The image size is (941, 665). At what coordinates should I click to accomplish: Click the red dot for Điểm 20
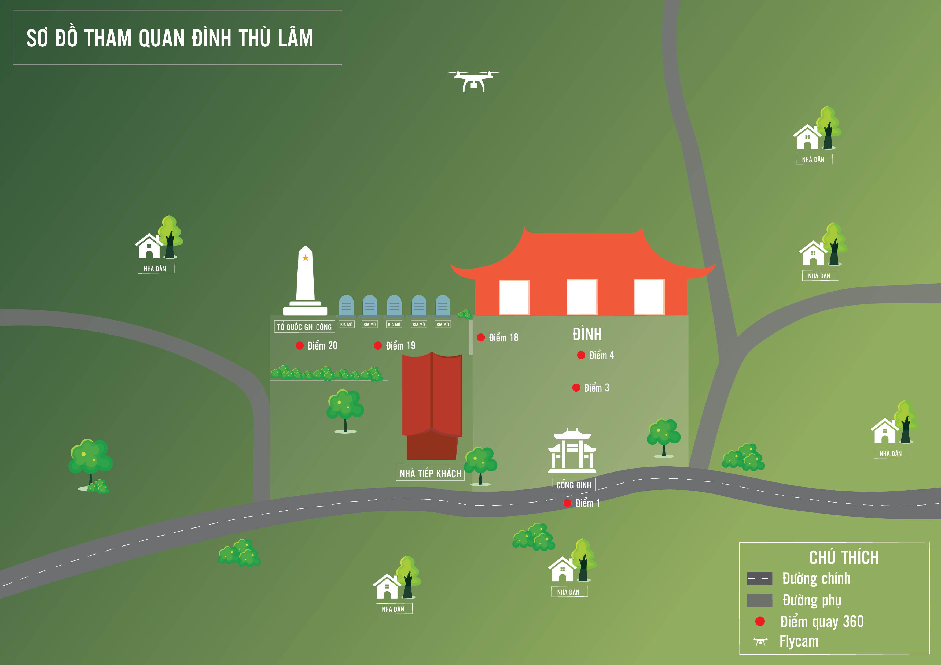tap(300, 345)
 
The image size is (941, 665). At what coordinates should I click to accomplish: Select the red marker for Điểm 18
tap(481, 337)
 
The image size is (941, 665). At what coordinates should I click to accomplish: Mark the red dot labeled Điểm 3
tap(576, 387)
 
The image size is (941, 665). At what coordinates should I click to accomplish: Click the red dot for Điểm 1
tap(567, 503)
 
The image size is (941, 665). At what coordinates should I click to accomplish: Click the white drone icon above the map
tap(473, 81)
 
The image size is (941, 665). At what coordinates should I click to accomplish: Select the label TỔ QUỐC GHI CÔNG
tap(304, 327)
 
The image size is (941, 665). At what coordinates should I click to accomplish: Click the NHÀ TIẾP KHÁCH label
tap(430, 473)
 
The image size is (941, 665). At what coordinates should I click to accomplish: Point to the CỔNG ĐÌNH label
tap(573, 485)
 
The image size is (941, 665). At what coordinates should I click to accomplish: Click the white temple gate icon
tap(572, 450)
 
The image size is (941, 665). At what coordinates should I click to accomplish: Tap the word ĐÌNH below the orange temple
tap(587, 334)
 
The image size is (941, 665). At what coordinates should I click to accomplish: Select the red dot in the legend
tap(760, 621)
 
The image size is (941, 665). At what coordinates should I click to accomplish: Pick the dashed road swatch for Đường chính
tap(759, 578)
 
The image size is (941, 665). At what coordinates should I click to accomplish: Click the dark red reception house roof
tap(432, 395)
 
